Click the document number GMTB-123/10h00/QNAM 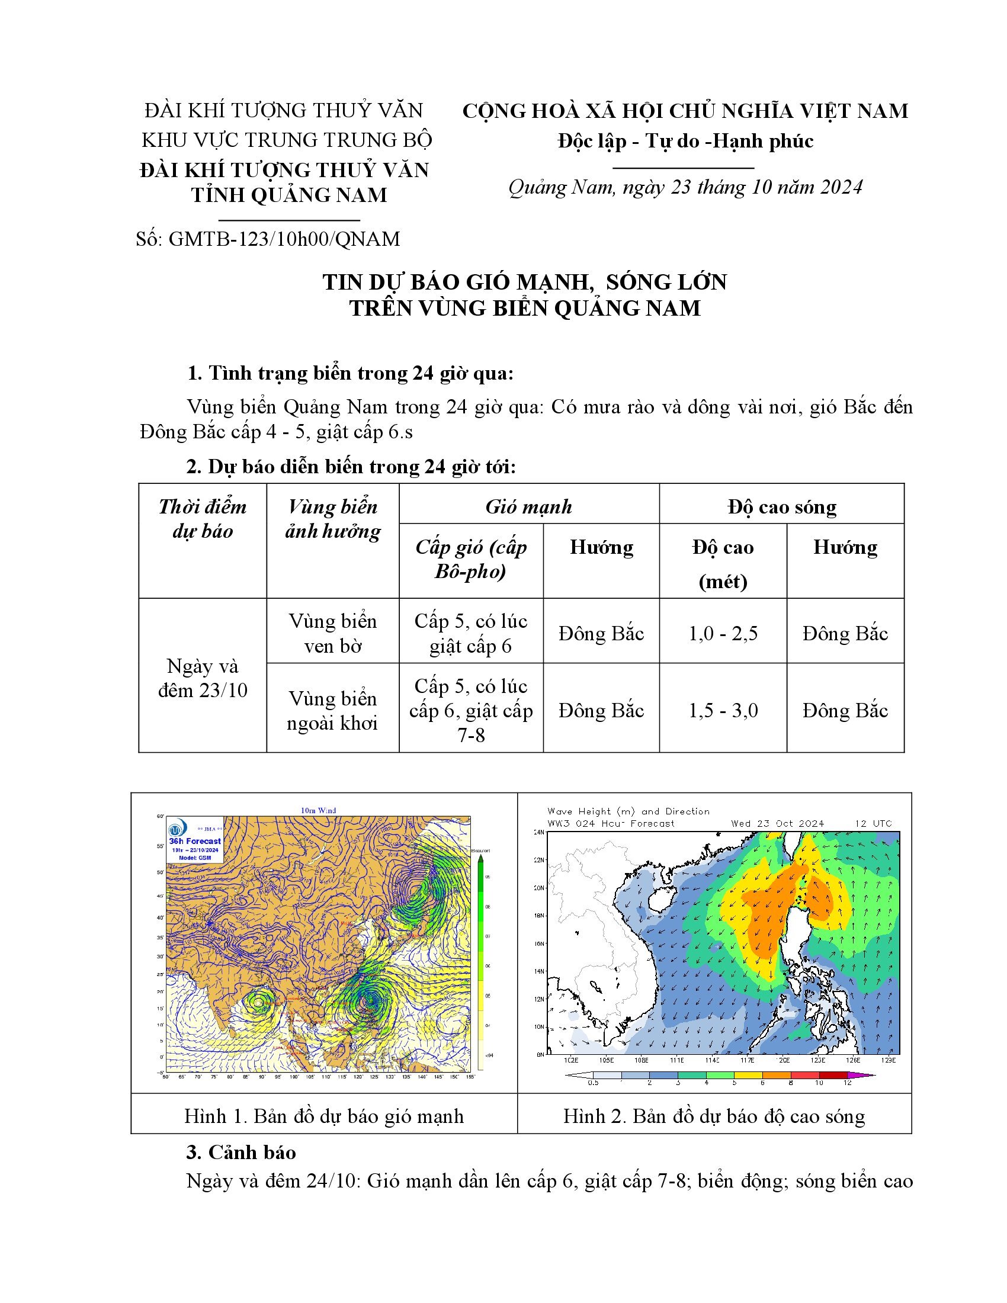click(x=284, y=239)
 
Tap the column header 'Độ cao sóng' click(x=781, y=506)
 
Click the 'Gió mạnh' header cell click(x=528, y=506)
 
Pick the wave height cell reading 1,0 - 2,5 click(x=723, y=633)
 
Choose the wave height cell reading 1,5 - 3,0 click(x=723, y=710)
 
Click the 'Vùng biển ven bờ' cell click(x=333, y=633)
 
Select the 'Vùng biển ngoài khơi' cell click(x=333, y=710)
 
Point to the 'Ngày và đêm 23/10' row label click(x=202, y=678)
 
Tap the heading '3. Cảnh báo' click(x=241, y=1152)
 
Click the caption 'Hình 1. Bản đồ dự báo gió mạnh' click(x=323, y=1116)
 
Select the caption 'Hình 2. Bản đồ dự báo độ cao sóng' click(x=714, y=1116)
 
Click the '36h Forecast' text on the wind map click(x=194, y=841)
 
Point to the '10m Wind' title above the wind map click(x=318, y=810)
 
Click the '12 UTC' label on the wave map click(x=873, y=823)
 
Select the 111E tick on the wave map click(x=676, y=1060)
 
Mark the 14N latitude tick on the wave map click(x=539, y=971)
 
